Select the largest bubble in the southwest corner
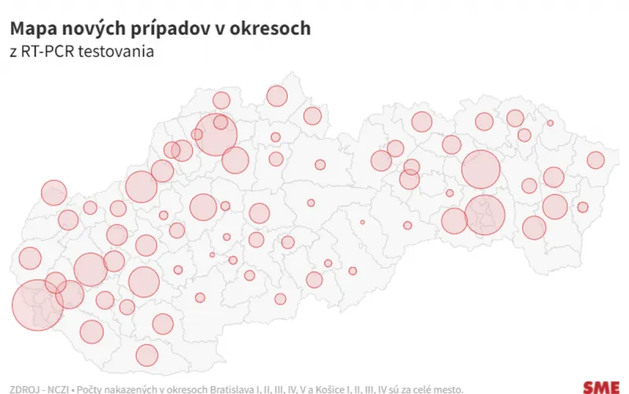(37, 304)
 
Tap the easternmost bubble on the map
(595, 160)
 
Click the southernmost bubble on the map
(147, 355)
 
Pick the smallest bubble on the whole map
(362, 223)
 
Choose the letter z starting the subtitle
(13, 53)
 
